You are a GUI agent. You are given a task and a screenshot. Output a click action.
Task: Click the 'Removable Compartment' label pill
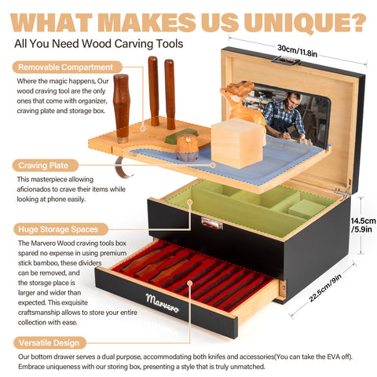pyautogui.click(x=68, y=67)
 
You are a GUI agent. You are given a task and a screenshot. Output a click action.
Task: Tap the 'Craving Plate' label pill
pyautogui.click(x=46, y=166)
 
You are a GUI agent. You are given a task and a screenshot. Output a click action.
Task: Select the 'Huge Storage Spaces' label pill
pyautogui.click(x=60, y=229)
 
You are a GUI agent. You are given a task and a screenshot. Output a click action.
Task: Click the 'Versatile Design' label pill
pyautogui.click(x=49, y=342)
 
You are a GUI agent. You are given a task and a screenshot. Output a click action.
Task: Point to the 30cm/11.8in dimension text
pyautogui.click(x=298, y=51)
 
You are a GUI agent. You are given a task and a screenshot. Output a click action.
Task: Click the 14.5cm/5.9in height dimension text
pyautogui.click(x=363, y=225)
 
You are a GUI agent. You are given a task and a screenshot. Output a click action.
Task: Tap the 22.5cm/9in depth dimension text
pyautogui.click(x=325, y=288)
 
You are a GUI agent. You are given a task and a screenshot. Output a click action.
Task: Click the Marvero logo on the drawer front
pyautogui.click(x=163, y=303)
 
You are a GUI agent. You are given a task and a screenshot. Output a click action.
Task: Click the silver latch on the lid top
pyautogui.click(x=286, y=61)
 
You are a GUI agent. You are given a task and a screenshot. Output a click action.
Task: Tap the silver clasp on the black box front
pyautogui.click(x=212, y=224)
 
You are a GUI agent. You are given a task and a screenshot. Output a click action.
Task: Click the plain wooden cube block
pyautogui.click(x=237, y=143)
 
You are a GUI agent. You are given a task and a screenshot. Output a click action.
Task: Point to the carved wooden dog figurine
pyautogui.click(x=242, y=104)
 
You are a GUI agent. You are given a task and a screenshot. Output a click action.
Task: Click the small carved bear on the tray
pyautogui.click(x=187, y=148)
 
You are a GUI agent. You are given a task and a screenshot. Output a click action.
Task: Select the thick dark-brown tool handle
pyautogui.click(x=121, y=108)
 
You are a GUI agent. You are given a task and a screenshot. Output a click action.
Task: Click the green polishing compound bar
pyautogui.click(x=181, y=135)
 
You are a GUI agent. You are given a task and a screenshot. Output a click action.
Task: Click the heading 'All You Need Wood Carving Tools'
pyautogui.click(x=99, y=44)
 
